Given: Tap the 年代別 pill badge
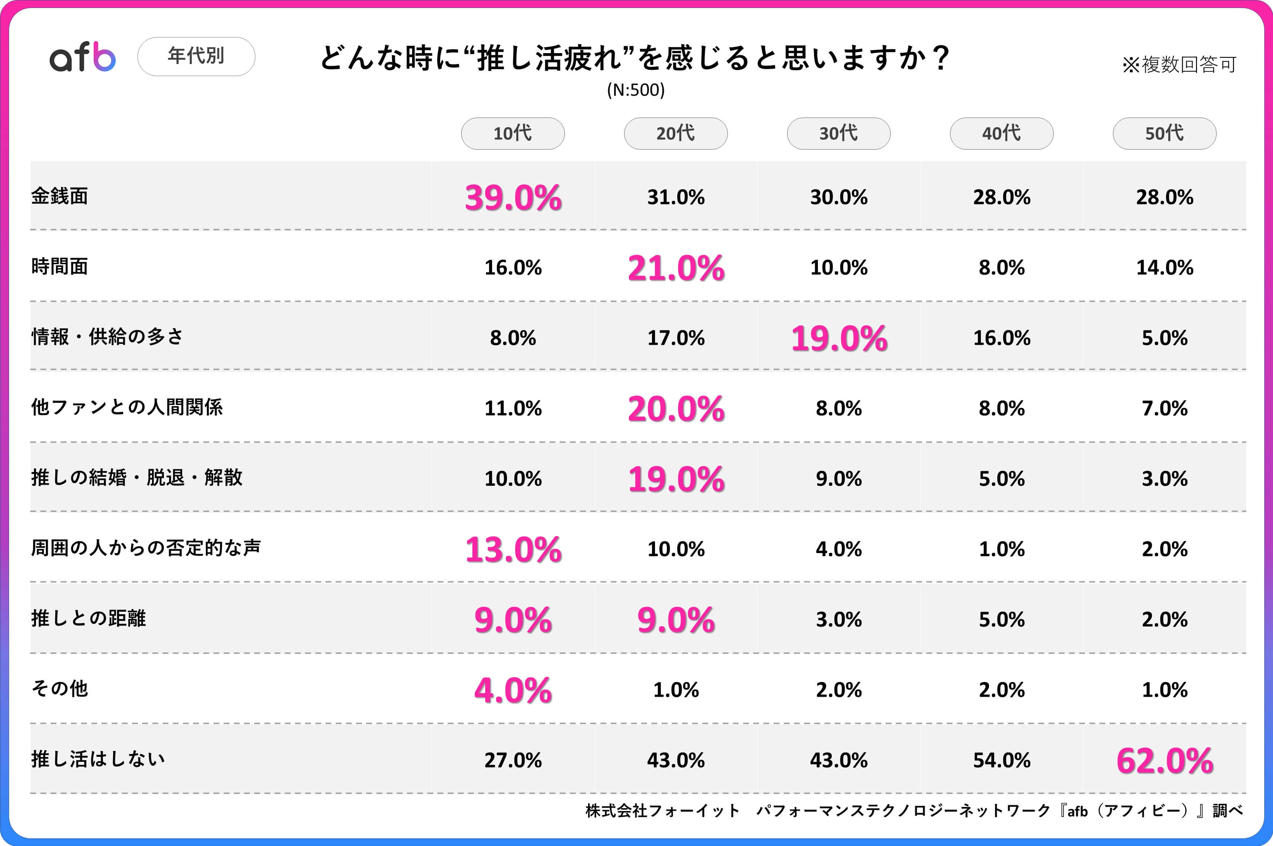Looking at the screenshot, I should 196,56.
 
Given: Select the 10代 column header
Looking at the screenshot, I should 513,133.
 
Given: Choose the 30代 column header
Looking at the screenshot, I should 838,133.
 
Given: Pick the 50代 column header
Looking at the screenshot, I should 1164,133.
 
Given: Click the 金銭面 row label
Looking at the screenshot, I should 59,196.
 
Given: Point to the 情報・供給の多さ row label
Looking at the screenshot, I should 107,337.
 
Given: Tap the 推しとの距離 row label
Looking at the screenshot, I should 88,618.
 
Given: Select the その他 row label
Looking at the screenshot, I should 59,688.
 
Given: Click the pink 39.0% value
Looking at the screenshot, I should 513,198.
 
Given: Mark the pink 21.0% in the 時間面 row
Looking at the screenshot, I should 676,268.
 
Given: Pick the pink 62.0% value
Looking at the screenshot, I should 1165,761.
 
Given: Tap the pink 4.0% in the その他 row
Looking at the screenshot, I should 513,690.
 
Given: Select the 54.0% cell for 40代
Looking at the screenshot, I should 1002,760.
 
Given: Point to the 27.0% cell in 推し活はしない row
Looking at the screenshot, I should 513,760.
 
